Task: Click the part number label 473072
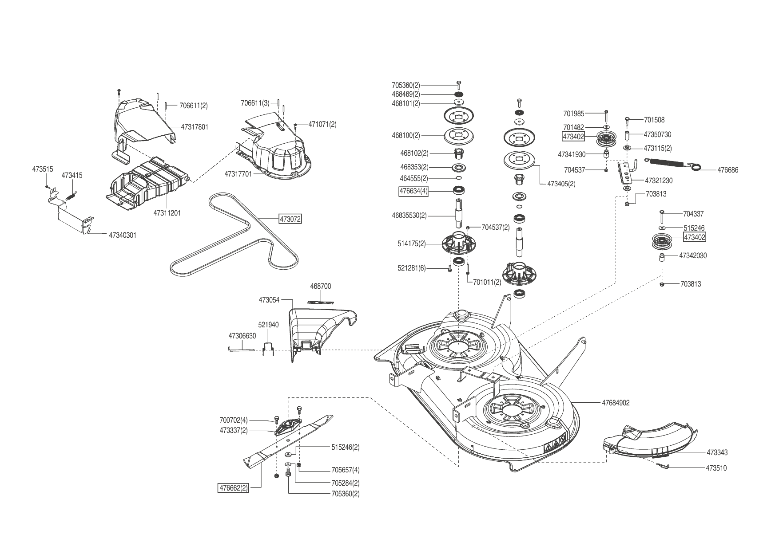290,219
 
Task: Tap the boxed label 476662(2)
233,488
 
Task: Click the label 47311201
167,213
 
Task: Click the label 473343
717,453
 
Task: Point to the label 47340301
123,235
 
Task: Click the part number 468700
320,287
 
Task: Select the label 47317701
238,174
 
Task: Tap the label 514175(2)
412,244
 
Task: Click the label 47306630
242,336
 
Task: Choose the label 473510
716,468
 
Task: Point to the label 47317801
195,127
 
